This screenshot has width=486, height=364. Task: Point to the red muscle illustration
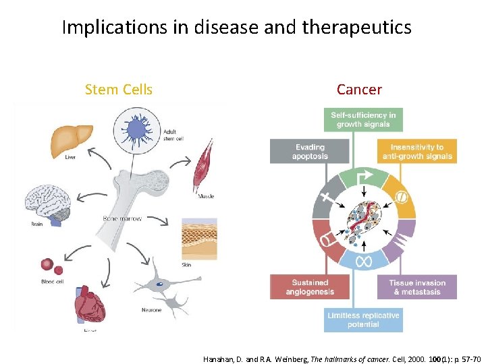(204, 166)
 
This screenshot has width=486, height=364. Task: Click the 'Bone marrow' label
(122, 218)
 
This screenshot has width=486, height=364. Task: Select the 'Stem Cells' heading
(119, 90)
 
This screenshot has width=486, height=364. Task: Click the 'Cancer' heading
(359, 90)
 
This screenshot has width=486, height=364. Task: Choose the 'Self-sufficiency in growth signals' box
(363, 119)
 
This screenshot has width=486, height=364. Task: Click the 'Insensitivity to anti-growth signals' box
(417, 152)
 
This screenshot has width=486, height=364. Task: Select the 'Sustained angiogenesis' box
(310, 287)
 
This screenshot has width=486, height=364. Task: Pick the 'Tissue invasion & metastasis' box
(416, 287)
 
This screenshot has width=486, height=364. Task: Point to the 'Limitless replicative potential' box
(363, 320)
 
